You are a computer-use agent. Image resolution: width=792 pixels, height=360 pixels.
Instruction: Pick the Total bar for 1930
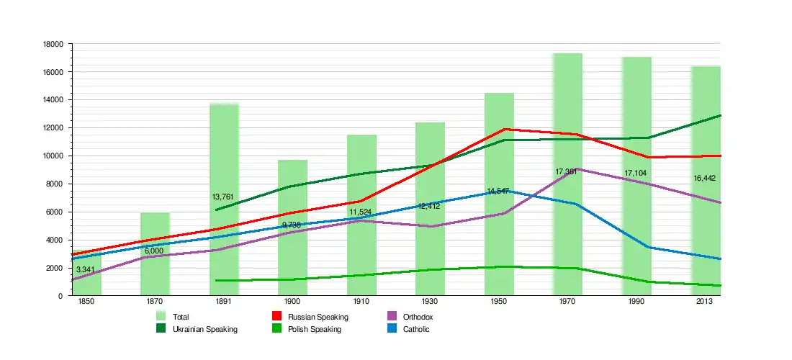tap(430, 209)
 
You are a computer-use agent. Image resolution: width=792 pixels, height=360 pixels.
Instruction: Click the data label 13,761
tap(224, 197)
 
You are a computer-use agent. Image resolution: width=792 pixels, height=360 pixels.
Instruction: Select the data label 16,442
tap(704, 178)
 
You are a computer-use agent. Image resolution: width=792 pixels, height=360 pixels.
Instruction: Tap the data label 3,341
tap(87, 269)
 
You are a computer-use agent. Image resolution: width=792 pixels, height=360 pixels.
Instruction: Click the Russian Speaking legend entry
tap(318, 317)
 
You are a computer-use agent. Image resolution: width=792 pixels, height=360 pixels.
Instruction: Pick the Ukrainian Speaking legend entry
tap(204, 329)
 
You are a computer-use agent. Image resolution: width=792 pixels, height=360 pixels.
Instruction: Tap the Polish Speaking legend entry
tap(314, 329)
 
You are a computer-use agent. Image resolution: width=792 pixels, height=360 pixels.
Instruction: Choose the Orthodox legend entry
tap(418, 317)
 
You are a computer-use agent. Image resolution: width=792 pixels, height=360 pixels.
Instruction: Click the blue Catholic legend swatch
tap(392, 329)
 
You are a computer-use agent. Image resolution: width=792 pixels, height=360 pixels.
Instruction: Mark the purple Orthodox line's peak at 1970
tap(559, 169)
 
